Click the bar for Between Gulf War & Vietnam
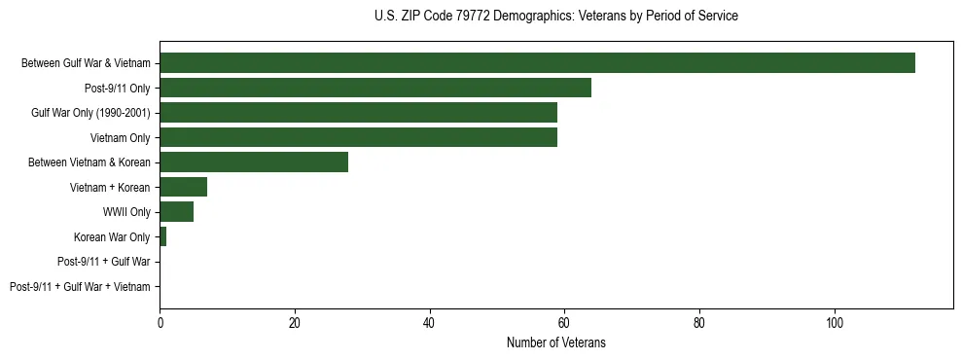537,63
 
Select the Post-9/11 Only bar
375,89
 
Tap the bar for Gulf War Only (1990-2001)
358,113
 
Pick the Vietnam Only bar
358,137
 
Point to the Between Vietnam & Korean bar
254,162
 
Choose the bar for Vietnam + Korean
183,187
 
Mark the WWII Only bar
176,211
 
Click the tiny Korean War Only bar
162,236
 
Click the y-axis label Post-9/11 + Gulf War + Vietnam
80,286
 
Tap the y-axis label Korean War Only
112,236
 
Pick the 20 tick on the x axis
294,321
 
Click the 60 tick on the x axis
564,321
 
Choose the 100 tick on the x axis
834,321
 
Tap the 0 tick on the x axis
160,321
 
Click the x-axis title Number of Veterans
555,342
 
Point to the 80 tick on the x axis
699,321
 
